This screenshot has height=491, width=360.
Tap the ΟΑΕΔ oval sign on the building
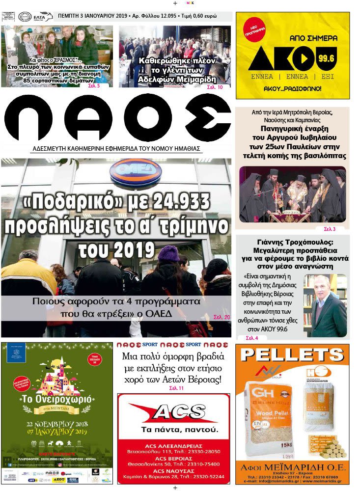tap(136, 172)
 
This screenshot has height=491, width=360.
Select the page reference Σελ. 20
tap(222, 318)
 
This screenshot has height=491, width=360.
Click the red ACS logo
tap(173, 412)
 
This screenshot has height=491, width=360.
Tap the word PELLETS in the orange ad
tap(292, 355)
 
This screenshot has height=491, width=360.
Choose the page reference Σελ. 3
tap(330, 229)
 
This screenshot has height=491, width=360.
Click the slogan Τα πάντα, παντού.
tap(173, 430)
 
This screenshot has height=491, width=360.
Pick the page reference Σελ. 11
tap(173, 388)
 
